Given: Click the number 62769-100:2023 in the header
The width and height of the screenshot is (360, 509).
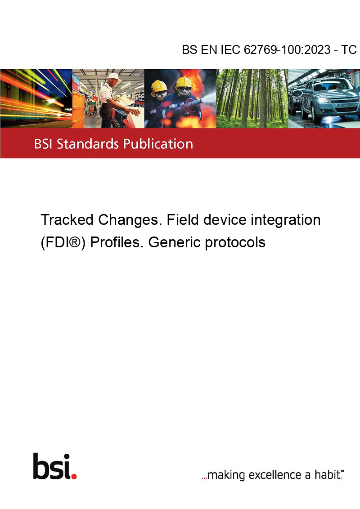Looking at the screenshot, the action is coord(287,49).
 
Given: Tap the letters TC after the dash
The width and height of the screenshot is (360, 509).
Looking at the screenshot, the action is coord(349,49).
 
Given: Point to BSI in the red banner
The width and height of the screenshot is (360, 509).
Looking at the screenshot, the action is coord(44,144).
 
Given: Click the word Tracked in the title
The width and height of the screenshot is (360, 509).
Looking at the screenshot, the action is coord(67,220).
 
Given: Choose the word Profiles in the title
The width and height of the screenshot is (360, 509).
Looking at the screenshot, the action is coord(117,242).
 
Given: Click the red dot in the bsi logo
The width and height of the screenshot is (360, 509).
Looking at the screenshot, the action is coord(74,476).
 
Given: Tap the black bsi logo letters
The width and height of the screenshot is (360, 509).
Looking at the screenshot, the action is coord(52,466).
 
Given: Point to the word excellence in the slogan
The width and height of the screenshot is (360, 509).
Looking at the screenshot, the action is coord(275,475).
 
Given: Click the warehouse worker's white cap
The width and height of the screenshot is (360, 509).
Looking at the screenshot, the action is coord(114,76).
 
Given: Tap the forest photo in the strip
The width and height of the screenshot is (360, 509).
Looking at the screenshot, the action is coord(252,98).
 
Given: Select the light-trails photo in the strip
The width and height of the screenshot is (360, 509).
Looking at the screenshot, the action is coord(36,98).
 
